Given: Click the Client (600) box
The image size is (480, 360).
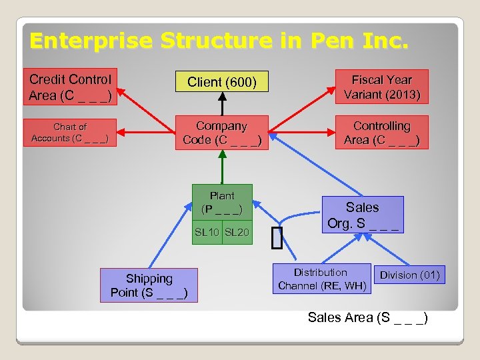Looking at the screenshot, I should [221, 82].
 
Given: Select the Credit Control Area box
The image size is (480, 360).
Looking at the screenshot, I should [70, 87].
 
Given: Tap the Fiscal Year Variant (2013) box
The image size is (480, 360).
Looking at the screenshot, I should [382, 87].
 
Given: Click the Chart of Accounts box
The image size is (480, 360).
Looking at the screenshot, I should [70, 132].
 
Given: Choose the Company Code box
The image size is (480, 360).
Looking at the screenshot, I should [222, 132].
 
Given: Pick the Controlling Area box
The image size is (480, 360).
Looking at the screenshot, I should [382, 132].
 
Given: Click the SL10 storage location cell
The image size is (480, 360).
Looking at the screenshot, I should [207, 233].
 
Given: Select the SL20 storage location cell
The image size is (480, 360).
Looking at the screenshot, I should [237, 233].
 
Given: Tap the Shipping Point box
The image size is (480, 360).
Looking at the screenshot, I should [149, 285].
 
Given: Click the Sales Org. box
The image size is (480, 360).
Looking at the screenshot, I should [363, 215].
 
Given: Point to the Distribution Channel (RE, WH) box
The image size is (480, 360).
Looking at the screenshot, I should [322, 279].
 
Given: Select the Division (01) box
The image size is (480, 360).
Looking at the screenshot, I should [410, 275].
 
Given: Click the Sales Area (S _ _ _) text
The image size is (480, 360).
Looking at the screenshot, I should [367, 317].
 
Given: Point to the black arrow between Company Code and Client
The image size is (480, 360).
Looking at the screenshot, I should [222, 104].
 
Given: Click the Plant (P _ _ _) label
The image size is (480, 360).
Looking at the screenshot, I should [222, 202].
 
